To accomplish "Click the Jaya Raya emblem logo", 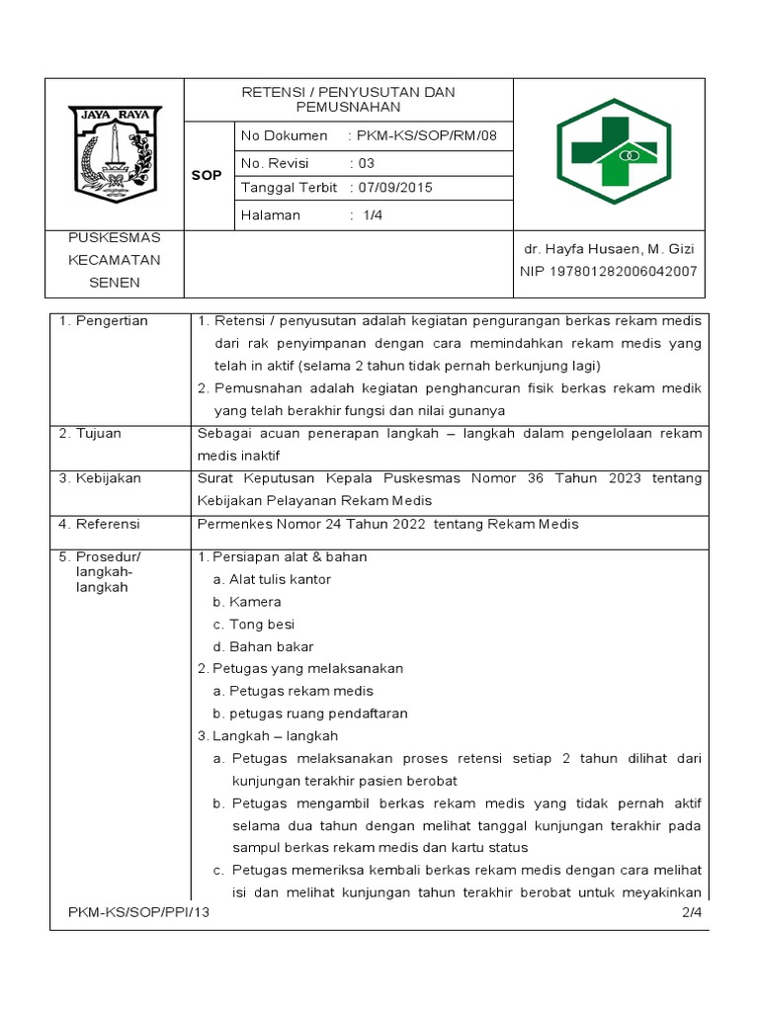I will (x=115, y=154).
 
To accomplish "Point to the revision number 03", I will (x=366, y=162).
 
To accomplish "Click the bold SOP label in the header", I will (x=208, y=175).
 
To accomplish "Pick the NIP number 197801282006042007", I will (x=609, y=271).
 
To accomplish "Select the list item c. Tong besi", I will (x=254, y=625).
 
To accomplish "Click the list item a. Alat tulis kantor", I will (x=272, y=579).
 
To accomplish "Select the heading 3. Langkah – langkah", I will (x=268, y=736).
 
